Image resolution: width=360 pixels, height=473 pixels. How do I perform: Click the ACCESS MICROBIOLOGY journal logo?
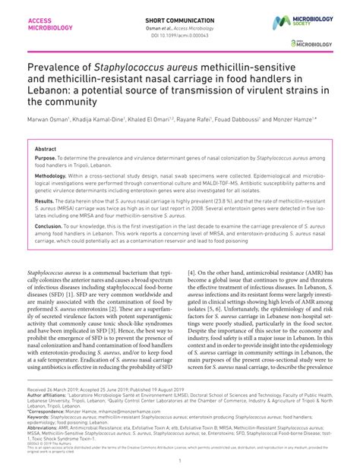[x=50, y=22]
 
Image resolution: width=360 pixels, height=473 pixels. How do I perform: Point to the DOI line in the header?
[x=179, y=33]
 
